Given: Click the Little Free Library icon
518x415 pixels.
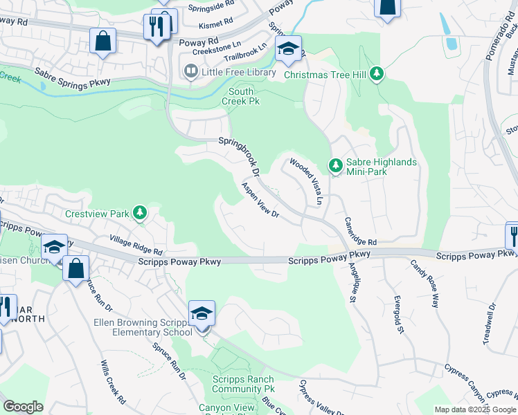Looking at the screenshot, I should (x=189, y=71).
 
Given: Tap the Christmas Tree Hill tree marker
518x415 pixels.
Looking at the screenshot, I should (x=377, y=73).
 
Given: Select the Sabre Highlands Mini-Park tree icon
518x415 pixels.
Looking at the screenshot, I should (x=335, y=165).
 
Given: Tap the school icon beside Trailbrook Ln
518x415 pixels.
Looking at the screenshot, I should (x=288, y=49).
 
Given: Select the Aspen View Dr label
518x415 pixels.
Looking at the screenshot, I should (x=260, y=201).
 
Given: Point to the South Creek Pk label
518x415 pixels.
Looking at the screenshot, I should (x=241, y=96).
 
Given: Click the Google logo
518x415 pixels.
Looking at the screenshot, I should (x=23, y=407).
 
